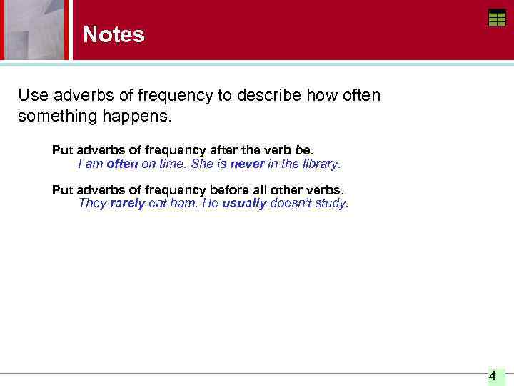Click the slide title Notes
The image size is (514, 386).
pos(114,34)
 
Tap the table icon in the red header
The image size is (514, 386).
pos(497,18)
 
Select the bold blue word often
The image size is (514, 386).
pos(122,164)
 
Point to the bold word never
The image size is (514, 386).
pos(247,164)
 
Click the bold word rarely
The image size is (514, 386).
pos(127,203)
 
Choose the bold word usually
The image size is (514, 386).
pos(244,203)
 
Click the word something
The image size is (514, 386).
pos(54,115)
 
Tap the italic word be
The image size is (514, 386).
pos(303,150)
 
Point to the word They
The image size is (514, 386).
pos(92,203)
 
